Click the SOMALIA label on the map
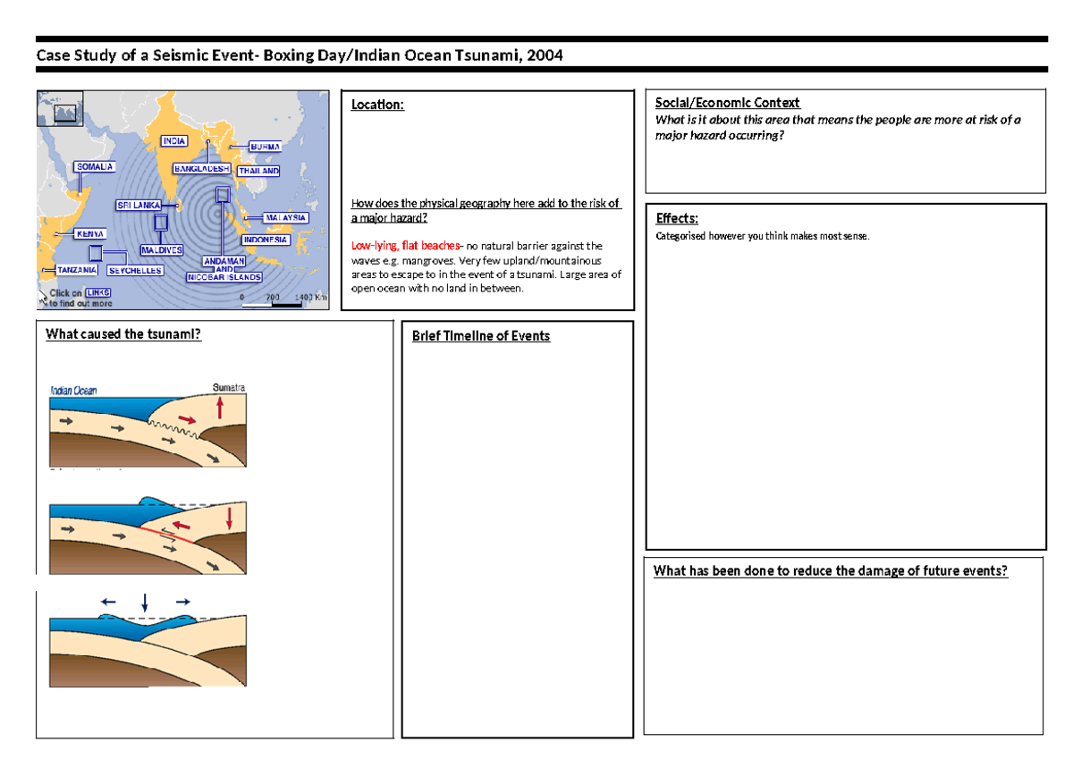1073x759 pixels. click(x=94, y=167)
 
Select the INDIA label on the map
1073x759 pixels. click(x=174, y=141)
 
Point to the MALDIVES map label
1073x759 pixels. click(x=162, y=250)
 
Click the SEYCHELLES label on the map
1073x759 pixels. click(x=135, y=270)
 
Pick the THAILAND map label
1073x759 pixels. click(x=258, y=171)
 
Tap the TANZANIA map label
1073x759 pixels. click(x=77, y=270)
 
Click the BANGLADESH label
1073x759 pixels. click(x=201, y=168)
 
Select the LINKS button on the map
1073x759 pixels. click(x=98, y=292)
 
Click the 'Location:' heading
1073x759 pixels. click(x=377, y=105)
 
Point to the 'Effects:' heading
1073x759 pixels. click(x=677, y=218)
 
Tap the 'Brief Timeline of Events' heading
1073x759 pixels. click(x=480, y=336)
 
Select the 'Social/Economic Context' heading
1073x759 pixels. click(x=727, y=103)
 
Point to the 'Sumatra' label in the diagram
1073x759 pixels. click(x=229, y=388)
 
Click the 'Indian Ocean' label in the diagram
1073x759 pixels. click(x=74, y=390)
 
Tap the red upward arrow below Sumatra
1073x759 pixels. click(x=220, y=409)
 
